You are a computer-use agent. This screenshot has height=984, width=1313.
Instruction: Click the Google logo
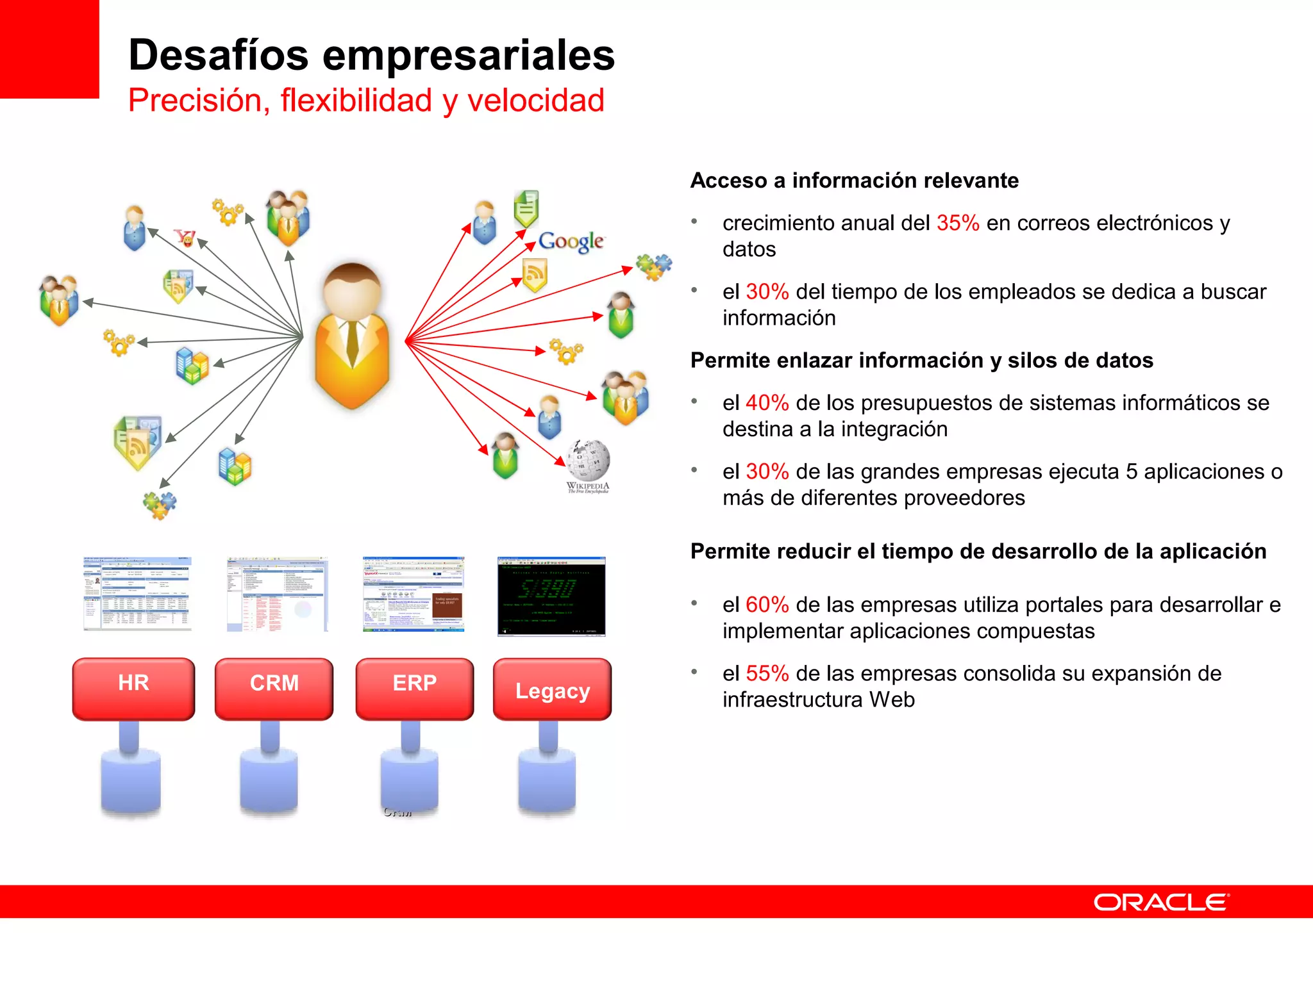pos(571,241)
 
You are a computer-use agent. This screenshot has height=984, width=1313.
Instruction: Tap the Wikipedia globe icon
pos(588,460)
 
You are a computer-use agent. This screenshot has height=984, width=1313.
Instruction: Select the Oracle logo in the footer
pos(1161,902)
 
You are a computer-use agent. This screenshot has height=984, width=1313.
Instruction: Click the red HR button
pos(133,688)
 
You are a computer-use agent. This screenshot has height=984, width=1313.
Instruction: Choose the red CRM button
pos(274,688)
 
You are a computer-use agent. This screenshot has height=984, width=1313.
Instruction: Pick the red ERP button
pos(414,688)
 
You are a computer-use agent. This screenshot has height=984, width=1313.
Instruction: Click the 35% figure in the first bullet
pos(957,223)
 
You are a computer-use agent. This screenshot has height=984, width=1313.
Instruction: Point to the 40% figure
pos(767,403)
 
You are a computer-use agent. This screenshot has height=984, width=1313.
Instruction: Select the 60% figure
pos(767,605)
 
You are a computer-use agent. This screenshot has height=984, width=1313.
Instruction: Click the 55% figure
pos(767,673)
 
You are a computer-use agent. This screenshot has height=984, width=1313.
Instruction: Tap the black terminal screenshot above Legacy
pos(551,596)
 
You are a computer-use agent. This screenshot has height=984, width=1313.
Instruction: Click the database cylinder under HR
pos(131,782)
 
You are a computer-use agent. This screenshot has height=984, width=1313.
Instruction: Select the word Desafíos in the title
pos(219,55)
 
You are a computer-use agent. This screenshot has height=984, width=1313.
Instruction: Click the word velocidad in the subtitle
pos(535,101)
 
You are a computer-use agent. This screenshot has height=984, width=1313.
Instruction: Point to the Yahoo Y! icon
pos(185,238)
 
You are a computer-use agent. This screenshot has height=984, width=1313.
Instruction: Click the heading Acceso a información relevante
pos(854,181)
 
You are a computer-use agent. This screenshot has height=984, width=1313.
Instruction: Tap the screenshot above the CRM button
pos(277,594)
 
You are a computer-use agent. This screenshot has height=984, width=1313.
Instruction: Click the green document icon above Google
pos(526,208)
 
